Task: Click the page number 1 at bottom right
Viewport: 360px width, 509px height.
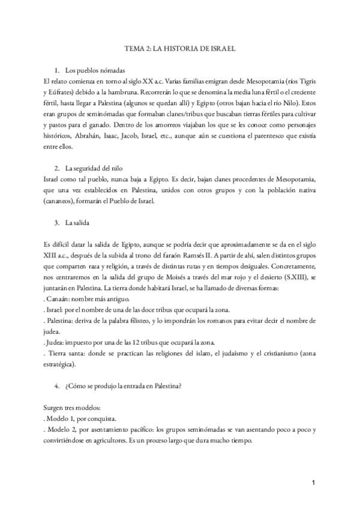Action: click(314, 483)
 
